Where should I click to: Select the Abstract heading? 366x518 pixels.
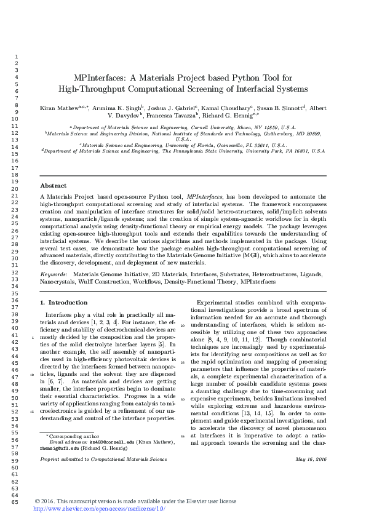click(x=54, y=185)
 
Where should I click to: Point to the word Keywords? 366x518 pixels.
click(x=54, y=273)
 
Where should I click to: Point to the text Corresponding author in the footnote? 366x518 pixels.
click(x=73, y=436)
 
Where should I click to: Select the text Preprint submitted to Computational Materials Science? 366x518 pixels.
click(x=103, y=459)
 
